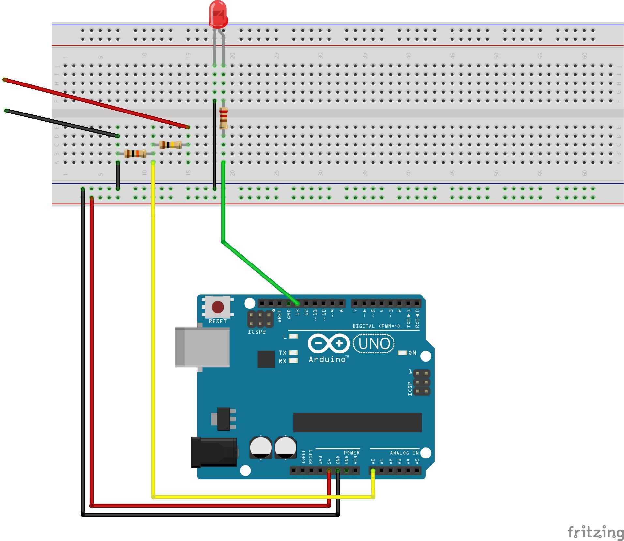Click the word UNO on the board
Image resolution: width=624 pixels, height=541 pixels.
[x=374, y=343]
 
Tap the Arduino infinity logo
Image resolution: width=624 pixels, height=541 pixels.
[x=328, y=343]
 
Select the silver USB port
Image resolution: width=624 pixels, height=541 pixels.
[x=202, y=347]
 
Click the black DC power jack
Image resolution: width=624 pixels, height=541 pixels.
[x=214, y=452]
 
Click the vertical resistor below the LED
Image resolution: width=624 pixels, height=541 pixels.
[x=223, y=118]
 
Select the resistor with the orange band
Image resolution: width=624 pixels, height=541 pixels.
[x=135, y=153]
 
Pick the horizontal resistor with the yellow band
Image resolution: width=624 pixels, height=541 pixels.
[x=170, y=144]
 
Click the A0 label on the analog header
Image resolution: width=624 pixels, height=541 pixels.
[x=373, y=461]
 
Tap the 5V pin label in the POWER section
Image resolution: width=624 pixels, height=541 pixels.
[x=329, y=461]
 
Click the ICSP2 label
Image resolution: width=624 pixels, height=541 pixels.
[x=257, y=332]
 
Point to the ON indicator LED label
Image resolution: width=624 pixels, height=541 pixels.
[x=412, y=353]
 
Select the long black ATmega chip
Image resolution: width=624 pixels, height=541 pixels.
[x=357, y=422]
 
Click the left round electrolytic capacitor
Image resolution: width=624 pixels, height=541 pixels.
[x=260, y=447]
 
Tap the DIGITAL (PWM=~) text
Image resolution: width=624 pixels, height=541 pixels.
[x=376, y=326]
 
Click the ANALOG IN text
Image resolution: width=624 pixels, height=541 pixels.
[x=404, y=453]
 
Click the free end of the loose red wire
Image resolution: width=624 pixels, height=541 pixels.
[x=4, y=80]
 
